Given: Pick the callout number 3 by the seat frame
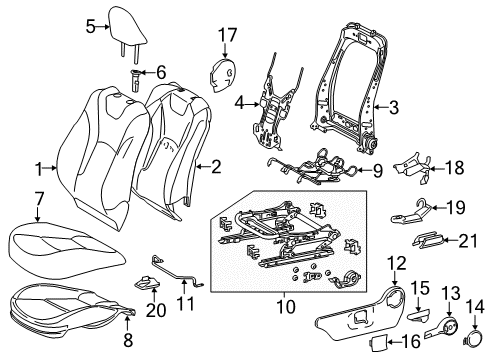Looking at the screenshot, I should (x=394, y=106).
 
